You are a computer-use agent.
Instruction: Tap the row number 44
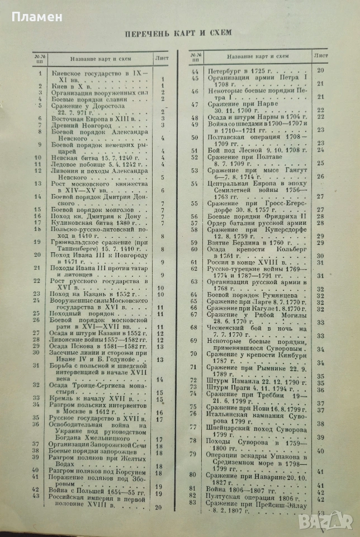coord(195,71)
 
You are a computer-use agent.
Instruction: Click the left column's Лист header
coord(164,56)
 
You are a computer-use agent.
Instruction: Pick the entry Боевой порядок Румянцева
coord(247,294)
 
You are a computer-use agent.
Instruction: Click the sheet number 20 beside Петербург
coord(321,70)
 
